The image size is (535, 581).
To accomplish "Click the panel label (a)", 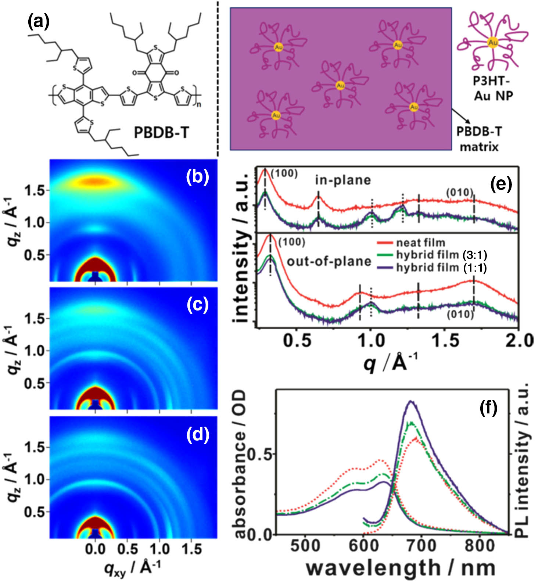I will coord(39,22).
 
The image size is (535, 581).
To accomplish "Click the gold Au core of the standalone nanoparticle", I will coord(493,43).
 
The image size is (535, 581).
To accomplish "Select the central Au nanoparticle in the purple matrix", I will coord(340,85).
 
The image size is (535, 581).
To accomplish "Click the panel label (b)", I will coord(197,177).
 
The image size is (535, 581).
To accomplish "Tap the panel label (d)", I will coord(197,435).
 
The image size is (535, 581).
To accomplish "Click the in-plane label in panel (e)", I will coord(343,180).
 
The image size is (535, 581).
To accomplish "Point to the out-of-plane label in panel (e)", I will coord(329,261).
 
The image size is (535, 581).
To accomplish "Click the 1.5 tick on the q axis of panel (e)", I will coord(445,341).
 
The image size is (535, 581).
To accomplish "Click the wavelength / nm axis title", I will coord(401,568).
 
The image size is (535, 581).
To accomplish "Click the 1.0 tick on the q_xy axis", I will coord(160,549).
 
